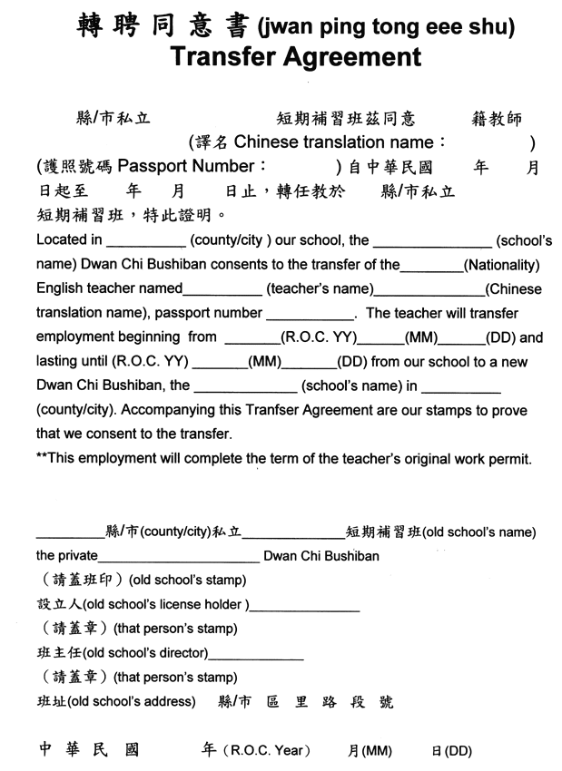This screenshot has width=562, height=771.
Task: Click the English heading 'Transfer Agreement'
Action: pyautogui.click(x=295, y=58)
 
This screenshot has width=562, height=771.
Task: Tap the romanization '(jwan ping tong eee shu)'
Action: pyautogui.click(x=385, y=26)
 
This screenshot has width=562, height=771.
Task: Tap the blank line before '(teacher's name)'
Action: pyautogui.click(x=222, y=290)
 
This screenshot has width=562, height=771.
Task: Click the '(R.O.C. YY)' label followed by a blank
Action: pyautogui.click(x=318, y=337)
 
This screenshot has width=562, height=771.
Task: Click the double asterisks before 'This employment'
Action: pyautogui.click(x=42, y=458)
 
